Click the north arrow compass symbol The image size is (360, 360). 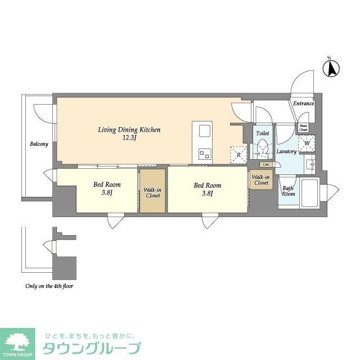point(332,69)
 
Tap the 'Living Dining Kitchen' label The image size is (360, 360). point(129,130)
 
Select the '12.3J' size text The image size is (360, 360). point(130,138)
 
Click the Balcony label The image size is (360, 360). point(39,144)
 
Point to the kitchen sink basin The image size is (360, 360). point(203,133)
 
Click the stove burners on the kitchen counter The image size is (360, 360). point(203,153)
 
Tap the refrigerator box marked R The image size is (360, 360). point(237,154)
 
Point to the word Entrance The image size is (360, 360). point(303,103)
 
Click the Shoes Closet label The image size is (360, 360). point(303,128)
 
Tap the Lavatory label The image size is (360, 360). point(286,152)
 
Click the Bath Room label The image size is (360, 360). point(288,191)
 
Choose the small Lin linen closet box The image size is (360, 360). point(264,164)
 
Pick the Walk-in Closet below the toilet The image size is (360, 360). point(260,181)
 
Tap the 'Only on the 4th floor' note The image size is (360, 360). point(49,286)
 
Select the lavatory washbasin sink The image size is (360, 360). point(310,165)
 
